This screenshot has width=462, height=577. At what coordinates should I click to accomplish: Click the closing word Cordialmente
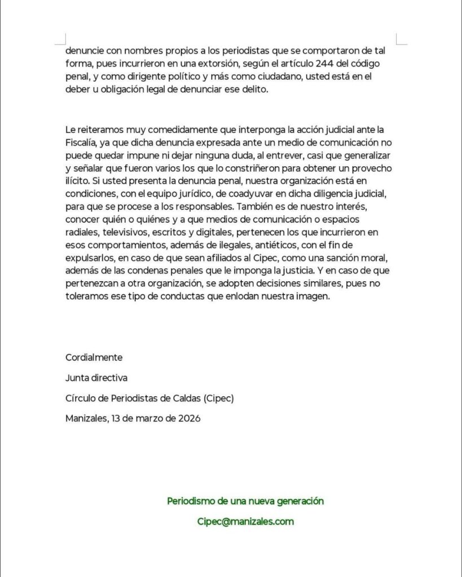coord(94,357)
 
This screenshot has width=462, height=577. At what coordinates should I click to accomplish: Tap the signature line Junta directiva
coord(96,378)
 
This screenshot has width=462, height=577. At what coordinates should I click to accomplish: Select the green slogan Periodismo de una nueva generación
coord(245,501)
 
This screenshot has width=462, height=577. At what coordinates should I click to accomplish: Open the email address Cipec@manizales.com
coord(245,522)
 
